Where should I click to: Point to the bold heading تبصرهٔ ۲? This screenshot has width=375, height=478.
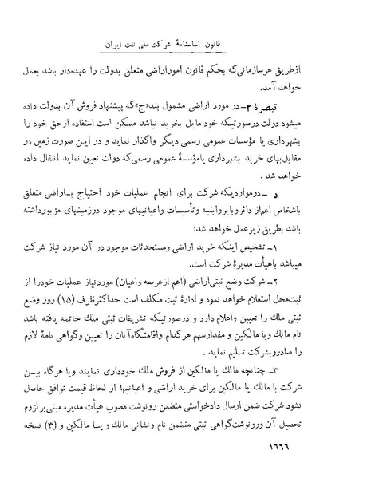pyautogui.click(x=315, y=107)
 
